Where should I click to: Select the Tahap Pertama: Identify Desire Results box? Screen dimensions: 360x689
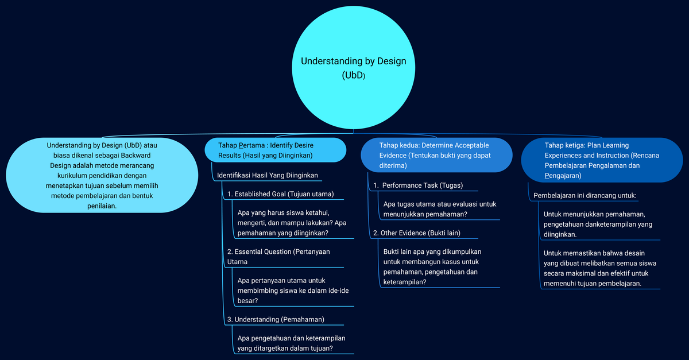tap(276, 150)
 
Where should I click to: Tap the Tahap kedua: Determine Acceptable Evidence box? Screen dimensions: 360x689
tap(436, 155)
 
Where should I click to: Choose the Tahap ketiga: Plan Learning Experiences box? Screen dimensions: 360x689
tap(602, 160)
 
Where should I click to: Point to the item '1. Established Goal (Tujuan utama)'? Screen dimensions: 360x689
tap(281, 193)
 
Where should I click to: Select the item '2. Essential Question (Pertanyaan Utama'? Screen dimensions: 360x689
tap(278, 256)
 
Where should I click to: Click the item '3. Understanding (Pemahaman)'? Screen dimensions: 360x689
tap(276, 319)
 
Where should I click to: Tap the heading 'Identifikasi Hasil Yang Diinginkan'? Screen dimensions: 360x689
tap(268, 175)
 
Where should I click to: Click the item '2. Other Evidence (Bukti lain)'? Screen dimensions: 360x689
tap(417, 233)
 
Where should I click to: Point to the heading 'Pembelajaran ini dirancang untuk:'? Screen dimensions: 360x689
tap(585, 195)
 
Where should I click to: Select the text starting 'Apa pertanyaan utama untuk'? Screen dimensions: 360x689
tap(293, 290)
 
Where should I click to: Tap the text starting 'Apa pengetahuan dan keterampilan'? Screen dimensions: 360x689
tap(291, 343)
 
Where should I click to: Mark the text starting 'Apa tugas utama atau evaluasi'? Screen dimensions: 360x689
tap(440, 209)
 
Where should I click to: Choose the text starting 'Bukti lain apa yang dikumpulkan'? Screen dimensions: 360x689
tap(432, 266)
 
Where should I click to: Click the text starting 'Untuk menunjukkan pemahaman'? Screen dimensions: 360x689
tap(598, 224)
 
